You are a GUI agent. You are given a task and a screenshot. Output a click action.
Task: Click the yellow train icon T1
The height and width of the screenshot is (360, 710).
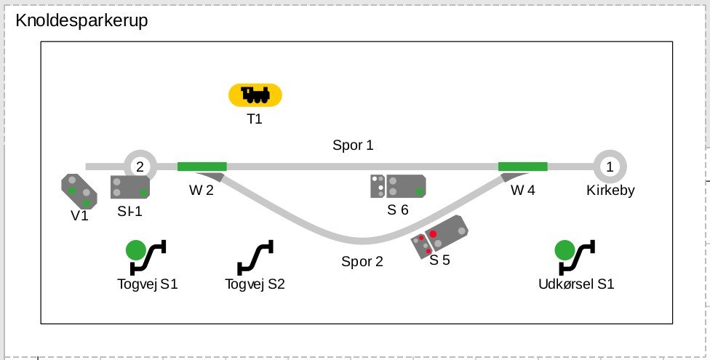pyautogui.click(x=255, y=95)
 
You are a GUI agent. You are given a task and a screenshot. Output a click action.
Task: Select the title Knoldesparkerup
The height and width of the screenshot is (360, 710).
pyautogui.click(x=81, y=21)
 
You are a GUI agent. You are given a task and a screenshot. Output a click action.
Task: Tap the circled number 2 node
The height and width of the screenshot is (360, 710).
pyautogui.click(x=140, y=167)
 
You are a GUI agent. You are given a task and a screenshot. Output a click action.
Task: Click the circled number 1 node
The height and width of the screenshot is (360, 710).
pyautogui.click(x=610, y=167)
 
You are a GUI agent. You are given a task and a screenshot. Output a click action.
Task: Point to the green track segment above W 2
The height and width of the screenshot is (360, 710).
pyautogui.click(x=202, y=167)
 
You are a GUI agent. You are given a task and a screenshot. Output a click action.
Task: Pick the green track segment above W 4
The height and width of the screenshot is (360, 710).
pyautogui.click(x=523, y=167)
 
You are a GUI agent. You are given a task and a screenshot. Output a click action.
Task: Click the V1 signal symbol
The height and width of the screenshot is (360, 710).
pyautogui.click(x=79, y=191)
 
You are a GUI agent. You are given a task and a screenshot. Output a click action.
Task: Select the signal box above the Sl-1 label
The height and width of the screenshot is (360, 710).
pyautogui.click(x=130, y=187)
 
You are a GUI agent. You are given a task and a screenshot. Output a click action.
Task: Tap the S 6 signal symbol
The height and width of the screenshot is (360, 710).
pyautogui.click(x=398, y=186)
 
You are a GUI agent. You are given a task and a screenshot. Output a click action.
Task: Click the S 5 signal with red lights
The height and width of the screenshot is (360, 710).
pyautogui.click(x=439, y=237)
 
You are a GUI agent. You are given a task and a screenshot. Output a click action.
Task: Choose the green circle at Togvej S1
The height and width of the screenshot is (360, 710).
pyautogui.click(x=136, y=250)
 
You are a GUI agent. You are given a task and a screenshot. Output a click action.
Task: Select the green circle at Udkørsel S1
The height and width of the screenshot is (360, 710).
pyautogui.click(x=565, y=250)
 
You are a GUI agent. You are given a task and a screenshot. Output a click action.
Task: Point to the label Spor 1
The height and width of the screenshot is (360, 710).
pyautogui.click(x=354, y=145)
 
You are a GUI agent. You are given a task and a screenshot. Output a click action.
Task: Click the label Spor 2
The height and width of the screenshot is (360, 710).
pyautogui.click(x=362, y=261)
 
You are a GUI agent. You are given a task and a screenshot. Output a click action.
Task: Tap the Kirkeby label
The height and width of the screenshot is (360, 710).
pyautogui.click(x=610, y=191)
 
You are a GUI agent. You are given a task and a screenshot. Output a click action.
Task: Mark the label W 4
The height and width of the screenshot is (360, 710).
pyautogui.click(x=523, y=191)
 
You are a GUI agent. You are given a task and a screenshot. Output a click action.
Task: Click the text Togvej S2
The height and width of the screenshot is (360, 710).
pyautogui.click(x=255, y=284)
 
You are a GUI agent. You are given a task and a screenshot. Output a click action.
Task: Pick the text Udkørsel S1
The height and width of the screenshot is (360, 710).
pyautogui.click(x=576, y=284)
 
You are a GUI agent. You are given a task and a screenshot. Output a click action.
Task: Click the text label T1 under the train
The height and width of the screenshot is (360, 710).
pyautogui.click(x=255, y=119)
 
